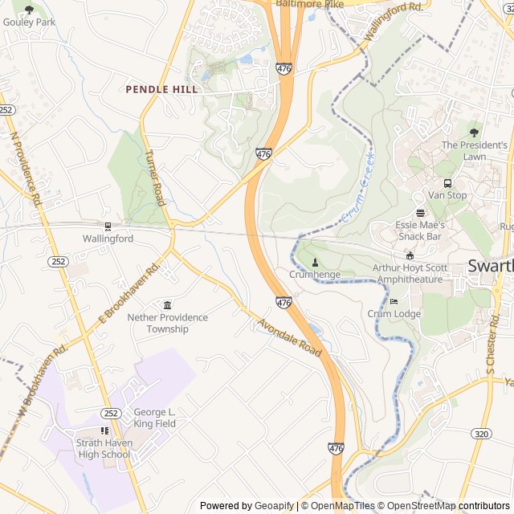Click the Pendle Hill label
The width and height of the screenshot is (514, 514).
pyautogui.click(x=161, y=89)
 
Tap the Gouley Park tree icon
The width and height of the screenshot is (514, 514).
pyautogui.click(x=30, y=10)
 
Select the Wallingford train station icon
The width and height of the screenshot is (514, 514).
pyautogui.click(x=108, y=226)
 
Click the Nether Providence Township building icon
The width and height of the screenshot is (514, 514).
pyautogui.click(x=167, y=305)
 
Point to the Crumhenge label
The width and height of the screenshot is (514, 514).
pyautogui.click(x=315, y=275)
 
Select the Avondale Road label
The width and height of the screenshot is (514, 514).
pyautogui.click(x=290, y=338)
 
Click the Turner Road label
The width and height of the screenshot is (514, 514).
pyautogui.click(x=155, y=177)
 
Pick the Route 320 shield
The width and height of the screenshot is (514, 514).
pyautogui.click(x=481, y=434)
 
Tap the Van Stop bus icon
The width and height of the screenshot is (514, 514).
pyautogui.click(x=447, y=183)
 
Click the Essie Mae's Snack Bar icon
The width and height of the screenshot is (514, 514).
pyautogui.click(x=420, y=213)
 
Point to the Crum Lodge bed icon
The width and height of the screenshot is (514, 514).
pyautogui.click(x=394, y=301)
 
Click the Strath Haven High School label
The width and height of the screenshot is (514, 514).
pyautogui.click(x=104, y=449)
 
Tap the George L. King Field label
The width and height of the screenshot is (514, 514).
pyautogui.click(x=154, y=417)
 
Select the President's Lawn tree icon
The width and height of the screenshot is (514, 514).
pyautogui.click(x=474, y=133)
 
